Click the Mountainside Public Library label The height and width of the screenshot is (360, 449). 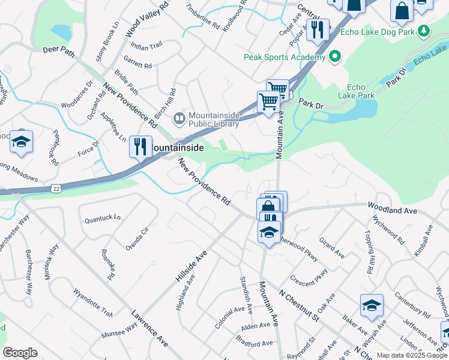(215, 120)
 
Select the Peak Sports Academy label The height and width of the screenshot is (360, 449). (285, 58)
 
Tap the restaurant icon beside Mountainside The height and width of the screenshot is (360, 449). (140, 146)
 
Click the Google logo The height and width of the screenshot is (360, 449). (20, 353)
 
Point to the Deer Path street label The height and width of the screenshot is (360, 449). (59, 51)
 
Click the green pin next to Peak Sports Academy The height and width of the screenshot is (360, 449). (335, 58)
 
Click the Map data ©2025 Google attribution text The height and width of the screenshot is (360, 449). (412, 355)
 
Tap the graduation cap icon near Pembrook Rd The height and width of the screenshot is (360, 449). (21, 142)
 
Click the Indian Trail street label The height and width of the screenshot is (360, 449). (146, 46)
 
